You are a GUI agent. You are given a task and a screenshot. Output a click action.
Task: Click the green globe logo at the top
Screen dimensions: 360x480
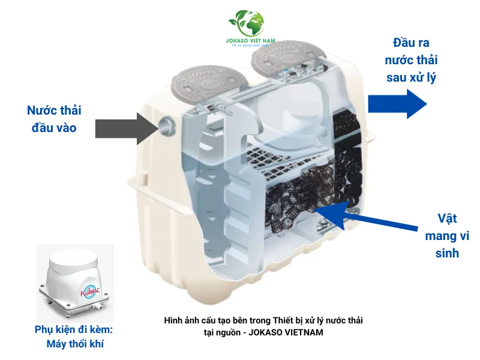(246, 24)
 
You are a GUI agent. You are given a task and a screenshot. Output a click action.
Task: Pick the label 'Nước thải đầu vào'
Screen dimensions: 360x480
(54, 119)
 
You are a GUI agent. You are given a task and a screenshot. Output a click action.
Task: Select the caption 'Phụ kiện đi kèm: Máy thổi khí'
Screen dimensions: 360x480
(73, 337)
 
